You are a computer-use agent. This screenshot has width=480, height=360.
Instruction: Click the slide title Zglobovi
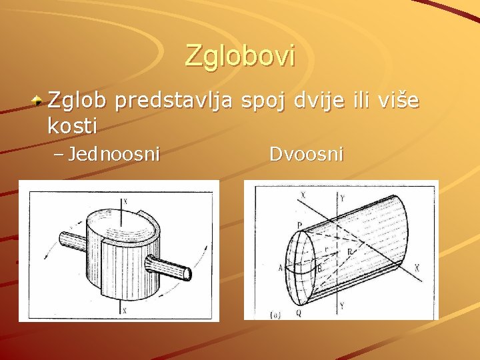[x=239, y=55]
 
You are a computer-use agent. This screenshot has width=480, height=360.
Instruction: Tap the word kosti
[x=73, y=125]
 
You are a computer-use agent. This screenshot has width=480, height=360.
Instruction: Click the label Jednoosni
[x=114, y=155]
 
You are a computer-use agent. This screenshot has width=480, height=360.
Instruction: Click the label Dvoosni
[x=307, y=155]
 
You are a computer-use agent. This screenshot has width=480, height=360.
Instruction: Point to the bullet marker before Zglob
[x=39, y=102]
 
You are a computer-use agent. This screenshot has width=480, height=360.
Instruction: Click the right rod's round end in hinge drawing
[x=189, y=273]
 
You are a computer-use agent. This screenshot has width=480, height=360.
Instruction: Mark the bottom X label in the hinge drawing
[x=125, y=310]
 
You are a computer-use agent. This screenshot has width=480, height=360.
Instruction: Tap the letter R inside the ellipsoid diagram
[x=349, y=252]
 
